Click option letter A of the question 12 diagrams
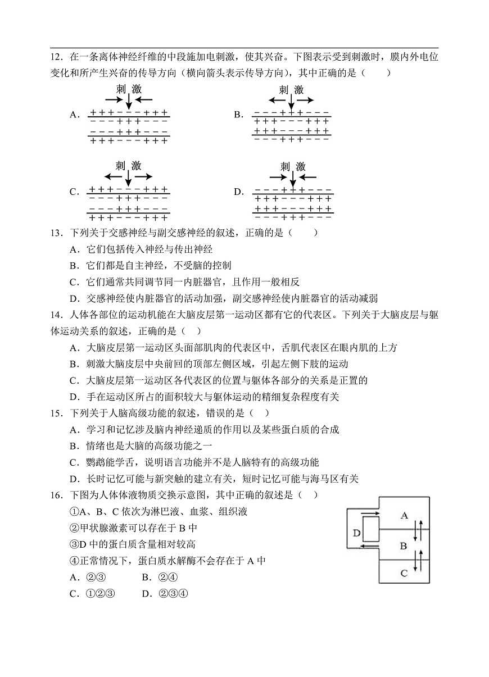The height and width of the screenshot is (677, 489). [74, 115]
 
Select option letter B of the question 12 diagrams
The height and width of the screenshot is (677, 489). [238, 115]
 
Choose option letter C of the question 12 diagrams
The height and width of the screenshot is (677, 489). [74, 192]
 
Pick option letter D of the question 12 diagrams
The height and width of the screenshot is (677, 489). [238, 192]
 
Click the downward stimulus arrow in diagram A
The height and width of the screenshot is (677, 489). [128, 101]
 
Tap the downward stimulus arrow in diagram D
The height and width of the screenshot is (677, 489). [292, 178]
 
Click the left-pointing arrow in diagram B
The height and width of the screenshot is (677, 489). [277, 100]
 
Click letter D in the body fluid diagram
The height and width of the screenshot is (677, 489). [356, 532]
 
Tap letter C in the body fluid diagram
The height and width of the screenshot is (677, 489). [403, 573]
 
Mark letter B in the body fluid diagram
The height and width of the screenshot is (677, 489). [403, 545]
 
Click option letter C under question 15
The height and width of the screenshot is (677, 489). [73, 462]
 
